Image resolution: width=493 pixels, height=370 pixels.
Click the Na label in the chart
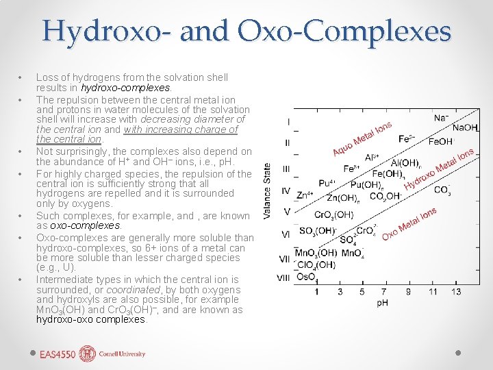point(441,118)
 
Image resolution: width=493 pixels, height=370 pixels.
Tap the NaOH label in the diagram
point(465,128)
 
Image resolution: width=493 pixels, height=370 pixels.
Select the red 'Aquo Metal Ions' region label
point(362,138)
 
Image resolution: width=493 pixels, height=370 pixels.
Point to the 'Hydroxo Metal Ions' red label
point(438,169)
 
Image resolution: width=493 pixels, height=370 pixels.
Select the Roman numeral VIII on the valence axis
point(283,277)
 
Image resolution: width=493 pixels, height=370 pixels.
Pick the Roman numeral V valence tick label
point(287,212)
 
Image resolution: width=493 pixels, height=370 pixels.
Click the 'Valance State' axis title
point(267,191)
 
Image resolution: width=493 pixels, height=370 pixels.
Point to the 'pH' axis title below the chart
point(383,303)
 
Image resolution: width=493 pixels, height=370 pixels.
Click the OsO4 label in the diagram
point(306,277)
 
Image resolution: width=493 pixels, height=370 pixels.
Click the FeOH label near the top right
point(441,142)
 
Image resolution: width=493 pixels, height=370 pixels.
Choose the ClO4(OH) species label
point(315,264)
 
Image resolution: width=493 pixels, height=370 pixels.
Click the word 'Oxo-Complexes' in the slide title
point(344,32)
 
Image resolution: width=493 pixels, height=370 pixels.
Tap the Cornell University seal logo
point(88,354)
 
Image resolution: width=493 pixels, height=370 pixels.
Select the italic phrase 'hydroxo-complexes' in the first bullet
point(125,88)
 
